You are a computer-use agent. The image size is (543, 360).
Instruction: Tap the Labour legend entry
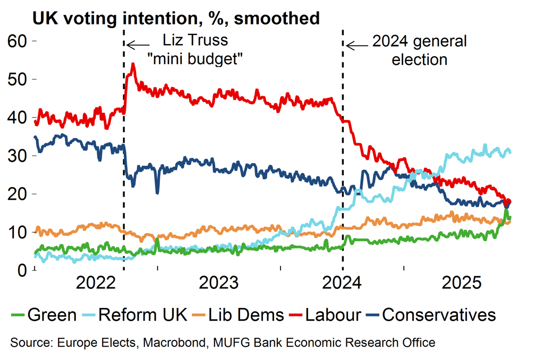[x=334, y=314]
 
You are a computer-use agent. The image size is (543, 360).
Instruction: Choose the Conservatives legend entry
[x=439, y=314]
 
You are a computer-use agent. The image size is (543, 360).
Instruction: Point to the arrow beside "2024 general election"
[x=357, y=45]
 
